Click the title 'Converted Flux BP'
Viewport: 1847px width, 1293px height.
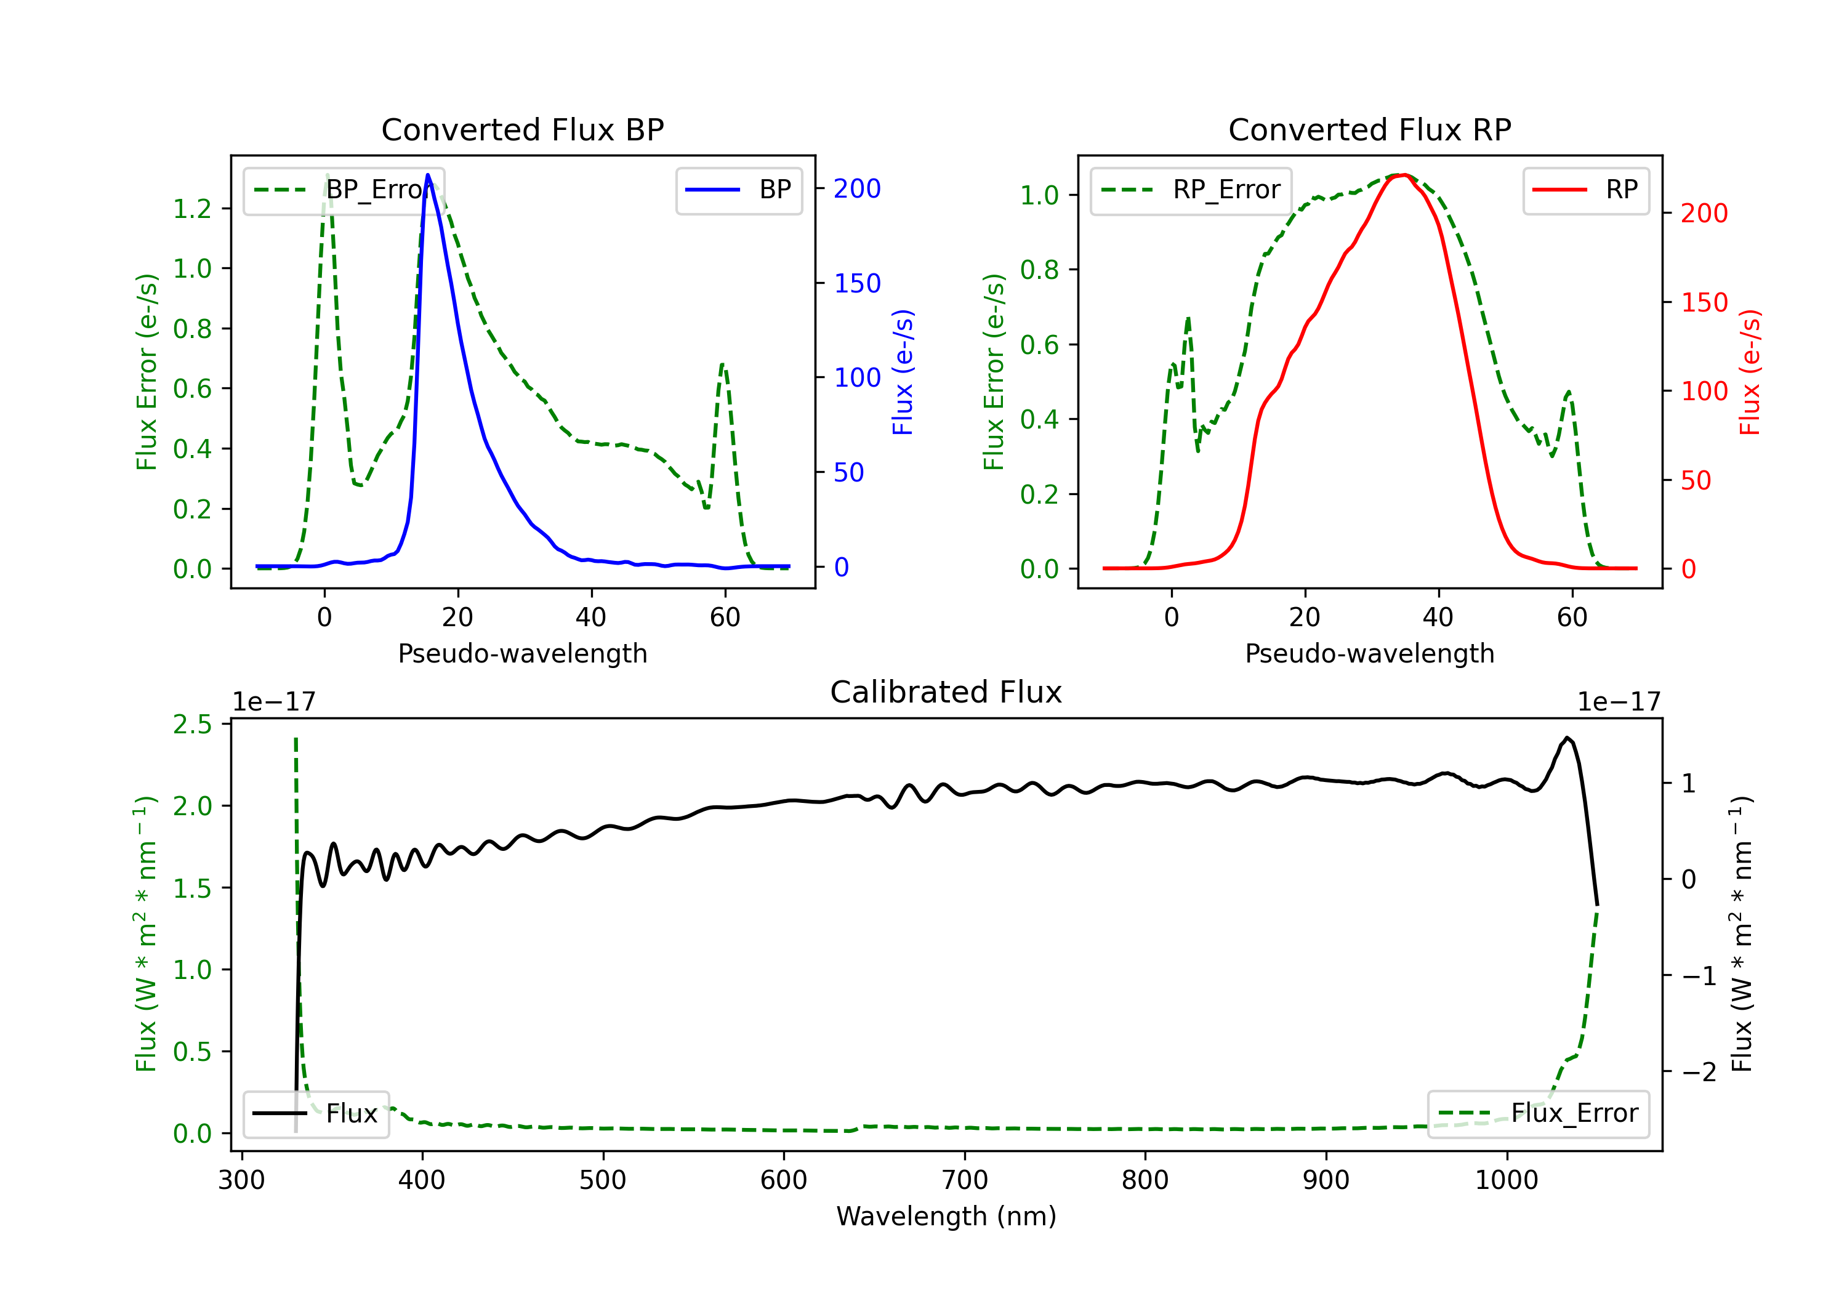(x=522, y=129)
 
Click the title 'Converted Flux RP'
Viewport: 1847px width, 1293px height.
(x=1369, y=129)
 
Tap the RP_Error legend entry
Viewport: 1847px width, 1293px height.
(x=1191, y=190)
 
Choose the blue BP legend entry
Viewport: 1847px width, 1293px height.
(x=738, y=190)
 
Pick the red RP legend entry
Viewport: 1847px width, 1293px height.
(x=1585, y=190)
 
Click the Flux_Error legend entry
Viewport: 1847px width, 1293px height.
(x=1538, y=1114)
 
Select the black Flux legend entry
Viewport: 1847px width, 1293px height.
(x=316, y=1114)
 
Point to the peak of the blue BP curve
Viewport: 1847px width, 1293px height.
(x=428, y=175)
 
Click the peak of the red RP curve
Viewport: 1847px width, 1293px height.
(x=1403, y=175)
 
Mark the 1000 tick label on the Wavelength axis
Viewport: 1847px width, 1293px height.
(x=1506, y=1180)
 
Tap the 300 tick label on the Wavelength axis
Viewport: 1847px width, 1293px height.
(x=241, y=1180)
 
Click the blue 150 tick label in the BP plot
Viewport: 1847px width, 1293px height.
(x=857, y=283)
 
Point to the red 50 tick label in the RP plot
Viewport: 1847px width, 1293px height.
(x=1696, y=481)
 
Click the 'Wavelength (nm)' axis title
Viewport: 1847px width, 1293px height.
(x=946, y=1217)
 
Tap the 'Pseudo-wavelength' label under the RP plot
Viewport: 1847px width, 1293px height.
(x=1369, y=653)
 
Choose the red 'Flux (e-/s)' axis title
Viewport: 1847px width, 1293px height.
(x=1749, y=372)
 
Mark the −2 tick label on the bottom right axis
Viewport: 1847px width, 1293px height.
(x=1698, y=1072)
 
